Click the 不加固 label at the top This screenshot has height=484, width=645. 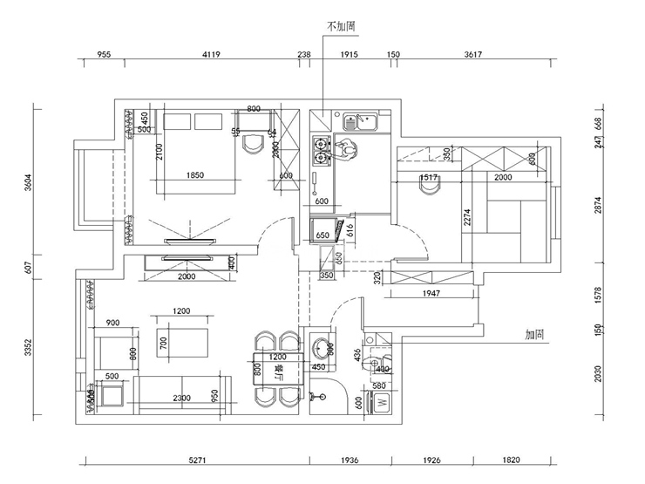tap(341, 27)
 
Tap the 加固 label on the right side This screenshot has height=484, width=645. tap(535, 334)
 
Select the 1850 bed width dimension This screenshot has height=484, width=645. tap(195, 175)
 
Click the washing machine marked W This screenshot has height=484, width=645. tap(381, 403)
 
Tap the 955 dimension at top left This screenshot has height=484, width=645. tap(103, 54)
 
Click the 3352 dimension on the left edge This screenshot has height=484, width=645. tap(28, 349)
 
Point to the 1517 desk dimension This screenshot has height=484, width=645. tap(428, 178)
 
